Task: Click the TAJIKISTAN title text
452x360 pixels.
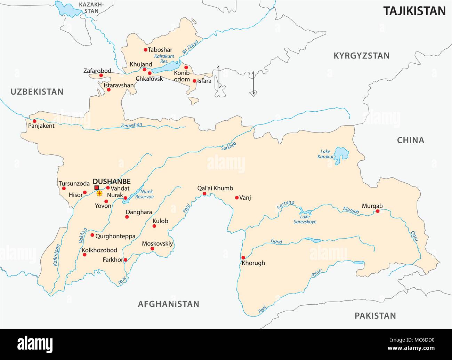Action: (x=414, y=11)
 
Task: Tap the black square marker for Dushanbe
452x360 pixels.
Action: (x=96, y=188)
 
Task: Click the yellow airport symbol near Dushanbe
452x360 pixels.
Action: (x=100, y=193)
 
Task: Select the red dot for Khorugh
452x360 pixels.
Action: (x=243, y=257)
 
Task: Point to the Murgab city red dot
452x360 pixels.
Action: (x=378, y=211)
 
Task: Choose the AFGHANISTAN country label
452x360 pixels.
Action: (x=169, y=304)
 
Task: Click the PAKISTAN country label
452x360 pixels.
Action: (x=375, y=316)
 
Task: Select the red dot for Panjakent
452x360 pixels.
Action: (x=34, y=121)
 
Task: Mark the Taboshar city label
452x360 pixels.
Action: (x=160, y=50)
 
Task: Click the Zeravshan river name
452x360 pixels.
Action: (x=131, y=125)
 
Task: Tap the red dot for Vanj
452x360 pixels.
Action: (x=237, y=198)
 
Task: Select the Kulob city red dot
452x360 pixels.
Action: (x=154, y=226)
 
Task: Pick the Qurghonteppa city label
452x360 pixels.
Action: (x=115, y=236)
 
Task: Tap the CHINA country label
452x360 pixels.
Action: (x=411, y=140)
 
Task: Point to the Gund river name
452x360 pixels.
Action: (x=277, y=242)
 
